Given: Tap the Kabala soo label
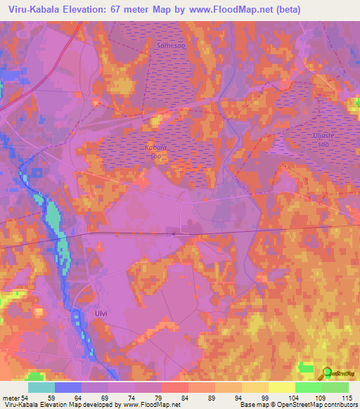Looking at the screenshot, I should click(x=155, y=152).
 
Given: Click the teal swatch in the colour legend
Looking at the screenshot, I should click(x=41, y=387).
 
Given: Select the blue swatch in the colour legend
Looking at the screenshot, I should click(x=68, y=387).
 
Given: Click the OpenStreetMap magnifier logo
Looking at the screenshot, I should click(x=326, y=373).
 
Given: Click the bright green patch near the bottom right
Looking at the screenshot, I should click(x=305, y=366).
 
